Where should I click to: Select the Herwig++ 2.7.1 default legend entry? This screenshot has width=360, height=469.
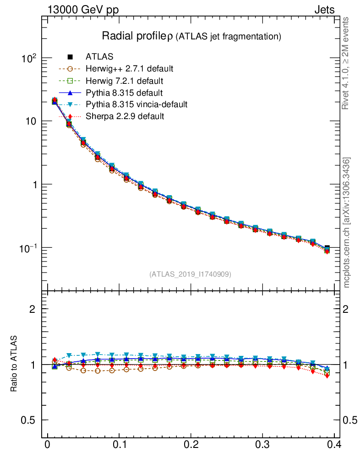point(129,69)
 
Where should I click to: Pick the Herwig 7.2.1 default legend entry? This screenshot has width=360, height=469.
point(124,81)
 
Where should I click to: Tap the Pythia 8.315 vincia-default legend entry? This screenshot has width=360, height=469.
point(136,104)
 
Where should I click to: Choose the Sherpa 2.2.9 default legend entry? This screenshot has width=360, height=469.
point(125,116)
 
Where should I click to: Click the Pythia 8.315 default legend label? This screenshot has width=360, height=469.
point(124,93)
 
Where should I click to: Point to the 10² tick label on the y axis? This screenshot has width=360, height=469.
point(29,59)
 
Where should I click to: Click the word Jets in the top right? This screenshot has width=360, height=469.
point(324,10)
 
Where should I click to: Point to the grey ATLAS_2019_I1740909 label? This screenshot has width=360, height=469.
point(190,274)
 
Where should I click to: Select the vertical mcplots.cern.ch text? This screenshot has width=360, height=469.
point(347,222)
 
